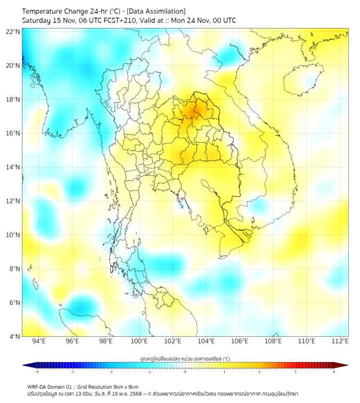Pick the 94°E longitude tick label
(38, 342)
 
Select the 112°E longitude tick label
(340, 342)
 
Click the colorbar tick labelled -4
(37, 372)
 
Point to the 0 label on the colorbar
(185, 372)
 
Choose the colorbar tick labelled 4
(334, 372)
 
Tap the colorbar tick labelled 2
(259, 372)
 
